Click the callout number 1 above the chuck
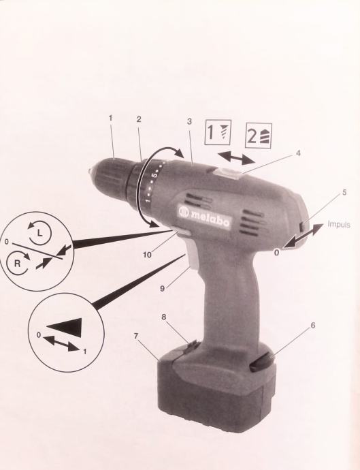pos(110,119)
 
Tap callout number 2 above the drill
pos(138,119)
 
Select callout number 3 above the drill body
pos(189,122)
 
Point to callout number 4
pos(297,153)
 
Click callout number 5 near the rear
pos(344,192)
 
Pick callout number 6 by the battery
pos(313,325)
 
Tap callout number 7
pos(136,336)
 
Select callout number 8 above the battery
pos(164,317)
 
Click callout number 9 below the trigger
pos(163,289)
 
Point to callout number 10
pos(147,255)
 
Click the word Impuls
pos(339,224)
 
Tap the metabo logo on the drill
pos(205,215)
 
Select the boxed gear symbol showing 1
pos(218,132)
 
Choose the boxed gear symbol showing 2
pos(259,136)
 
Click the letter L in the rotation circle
pos(40,233)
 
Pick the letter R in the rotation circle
pos(18,264)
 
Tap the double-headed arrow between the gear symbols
pos(236,157)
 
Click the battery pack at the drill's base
pos(216,387)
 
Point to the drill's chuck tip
pos(90,172)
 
